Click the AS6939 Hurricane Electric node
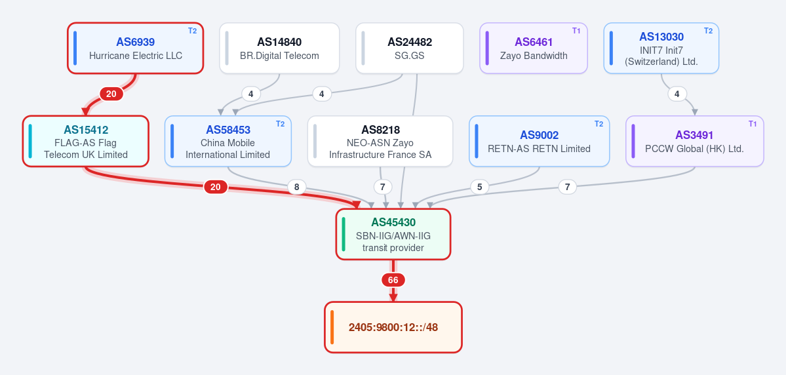(x=135, y=48)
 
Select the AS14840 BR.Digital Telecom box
(x=279, y=48)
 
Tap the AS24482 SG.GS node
(x=410, y=48)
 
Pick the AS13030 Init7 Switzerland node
(x=661, y=48)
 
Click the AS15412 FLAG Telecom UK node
(x=86, y=142)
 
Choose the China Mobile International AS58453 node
(x=228, y=142)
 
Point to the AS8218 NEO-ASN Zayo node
(x=380, y=142)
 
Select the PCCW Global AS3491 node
(x=695, y=142)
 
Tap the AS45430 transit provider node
(x=393, y=234)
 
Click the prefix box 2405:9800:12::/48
(x=393, y=327)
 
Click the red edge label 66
(x=393, y=280)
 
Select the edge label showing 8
(x=297, y=187)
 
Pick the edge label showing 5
(x=480, y=187)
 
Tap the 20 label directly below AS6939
(x=111, y=94)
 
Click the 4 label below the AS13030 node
(x=677, y=94)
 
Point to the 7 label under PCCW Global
(x=568, y=187)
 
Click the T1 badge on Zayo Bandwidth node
(x=576, y=31)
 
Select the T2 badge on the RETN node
(x=599, y=124)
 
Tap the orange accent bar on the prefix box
(x=332, y=327)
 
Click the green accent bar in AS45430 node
(x=344, y=234)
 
